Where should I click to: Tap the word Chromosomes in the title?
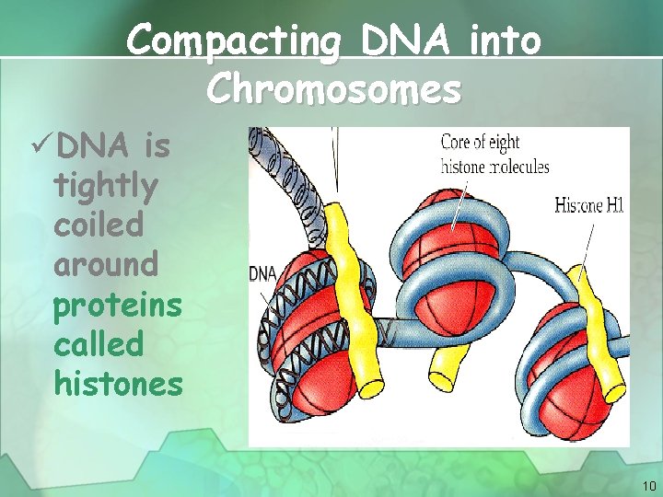point(333,89)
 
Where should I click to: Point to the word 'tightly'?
point(106,185)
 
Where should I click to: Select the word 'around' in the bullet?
point(107,264)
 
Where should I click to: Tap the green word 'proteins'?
point(118,305)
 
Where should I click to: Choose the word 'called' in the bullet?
point(99,344)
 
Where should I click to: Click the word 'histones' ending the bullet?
point(119,384)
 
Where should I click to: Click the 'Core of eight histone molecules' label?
point(494,155)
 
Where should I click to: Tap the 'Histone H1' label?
point(589,204)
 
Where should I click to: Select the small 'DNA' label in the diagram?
point(263,273)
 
